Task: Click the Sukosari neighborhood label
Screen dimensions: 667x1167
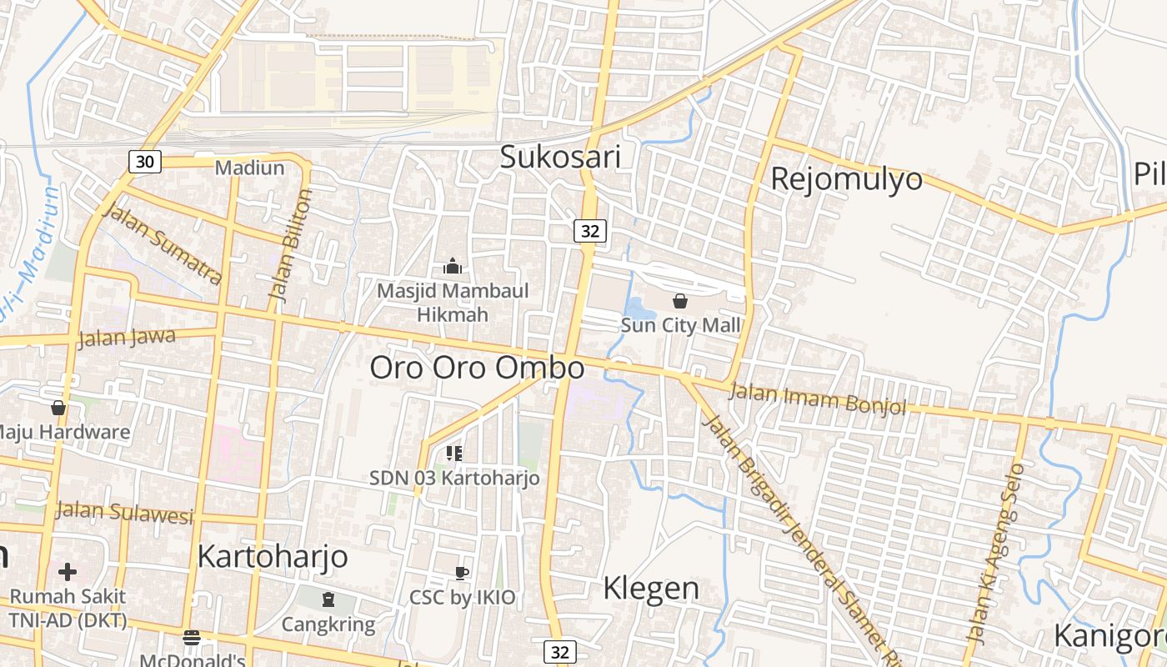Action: click(560, 157)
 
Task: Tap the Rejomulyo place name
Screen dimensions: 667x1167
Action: click(846, 178)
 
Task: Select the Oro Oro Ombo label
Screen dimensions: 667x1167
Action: click(477, 368)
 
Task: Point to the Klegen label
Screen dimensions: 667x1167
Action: click(651, 588)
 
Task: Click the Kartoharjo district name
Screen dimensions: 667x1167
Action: click(273, 556)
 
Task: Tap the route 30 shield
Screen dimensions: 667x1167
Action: click(145, 162)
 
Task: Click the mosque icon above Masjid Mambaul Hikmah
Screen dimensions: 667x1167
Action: click(453, 266)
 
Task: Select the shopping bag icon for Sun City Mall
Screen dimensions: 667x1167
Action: click(680, 301)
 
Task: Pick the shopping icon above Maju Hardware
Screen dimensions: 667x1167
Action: click(58, 408)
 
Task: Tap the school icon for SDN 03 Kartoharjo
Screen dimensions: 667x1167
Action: click(454, 454)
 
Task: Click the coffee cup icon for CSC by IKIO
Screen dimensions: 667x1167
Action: click(462, 573)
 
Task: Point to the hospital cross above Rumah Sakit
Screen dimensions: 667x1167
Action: click(68, 572)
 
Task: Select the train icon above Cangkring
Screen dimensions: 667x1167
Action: click(328, 599)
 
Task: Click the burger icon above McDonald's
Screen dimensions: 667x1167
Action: click(192, 638)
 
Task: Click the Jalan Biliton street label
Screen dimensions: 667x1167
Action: click(291, 244)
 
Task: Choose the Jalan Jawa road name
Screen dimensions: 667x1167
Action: click(126, 339)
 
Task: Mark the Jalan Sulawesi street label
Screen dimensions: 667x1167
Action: click(124, 511)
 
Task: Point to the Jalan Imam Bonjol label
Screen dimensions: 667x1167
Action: click(817, 399)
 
